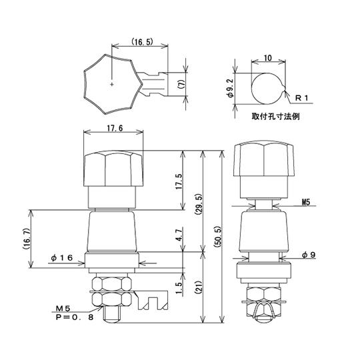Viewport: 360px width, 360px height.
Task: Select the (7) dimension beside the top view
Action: pyautogui.click(x=190, y=85)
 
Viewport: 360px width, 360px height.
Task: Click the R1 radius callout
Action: pyautogui.click(x=303, y=99)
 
